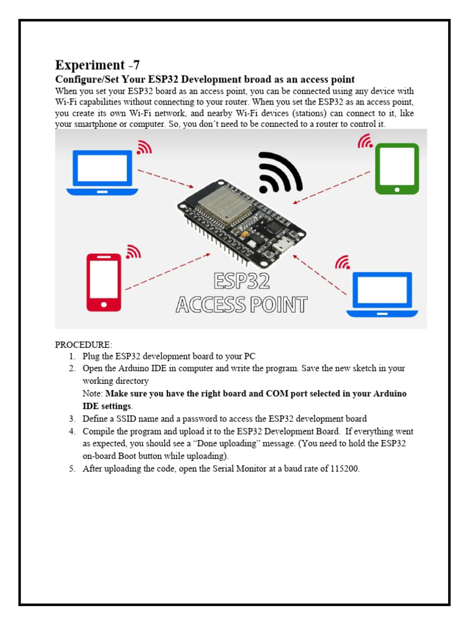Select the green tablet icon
(397, 168)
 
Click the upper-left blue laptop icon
(103, 173)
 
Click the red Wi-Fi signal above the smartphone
(133, 251)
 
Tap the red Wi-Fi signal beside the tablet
(366, 142)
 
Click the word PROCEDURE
(84, 345)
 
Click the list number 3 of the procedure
(71, 419)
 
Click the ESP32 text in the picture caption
(242, 281)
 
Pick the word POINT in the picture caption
(274, 304)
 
